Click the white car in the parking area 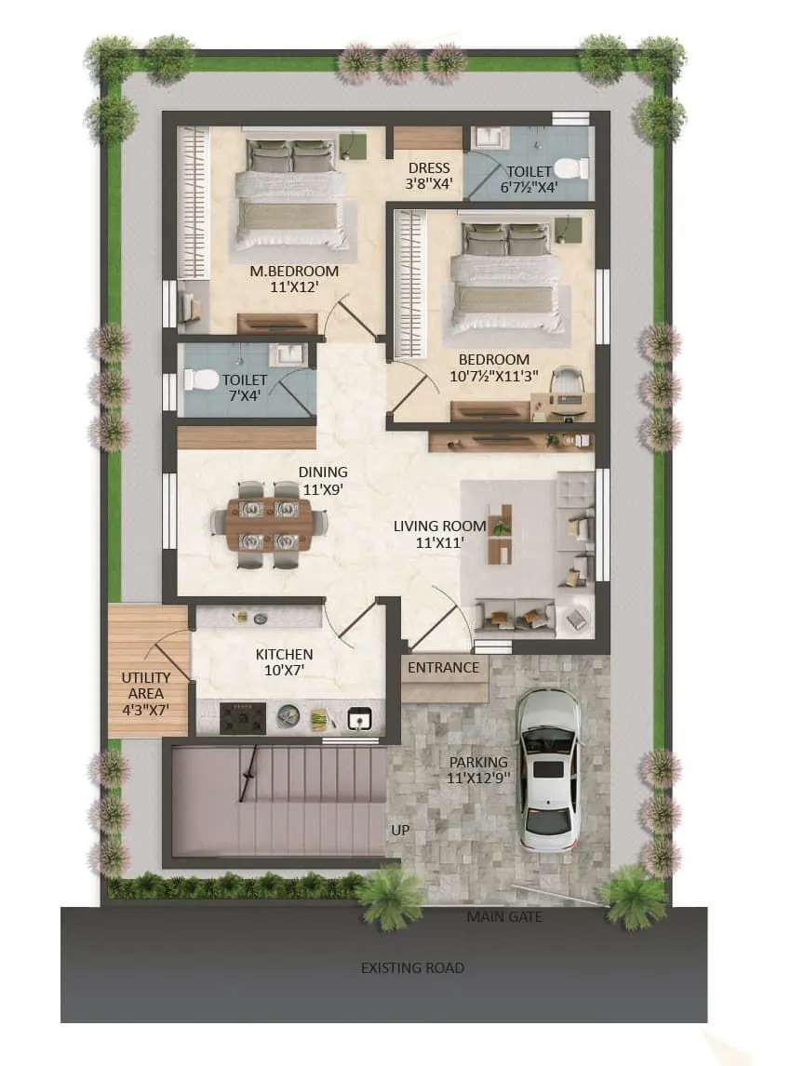pyautogui.click(x=549, y=769)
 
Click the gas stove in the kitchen pyautogui.click(x=243, y=717)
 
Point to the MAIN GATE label pyautogui.click(x=504, y=917)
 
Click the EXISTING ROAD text pyautogui.click(x=412, y=967)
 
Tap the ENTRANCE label pyautogui.click(x=444, y=667)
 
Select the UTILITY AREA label pyautogui.click(x=146, y=686)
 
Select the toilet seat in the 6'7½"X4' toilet pyautogui.click(x=570, y=169)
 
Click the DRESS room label pyautogui.click(x=428, y=168)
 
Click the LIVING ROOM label pyautogui.click(x=428, y=526)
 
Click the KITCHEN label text pyautogui.click(x=284, y=654)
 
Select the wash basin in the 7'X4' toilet pyautogui.click(x=288, y=355)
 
